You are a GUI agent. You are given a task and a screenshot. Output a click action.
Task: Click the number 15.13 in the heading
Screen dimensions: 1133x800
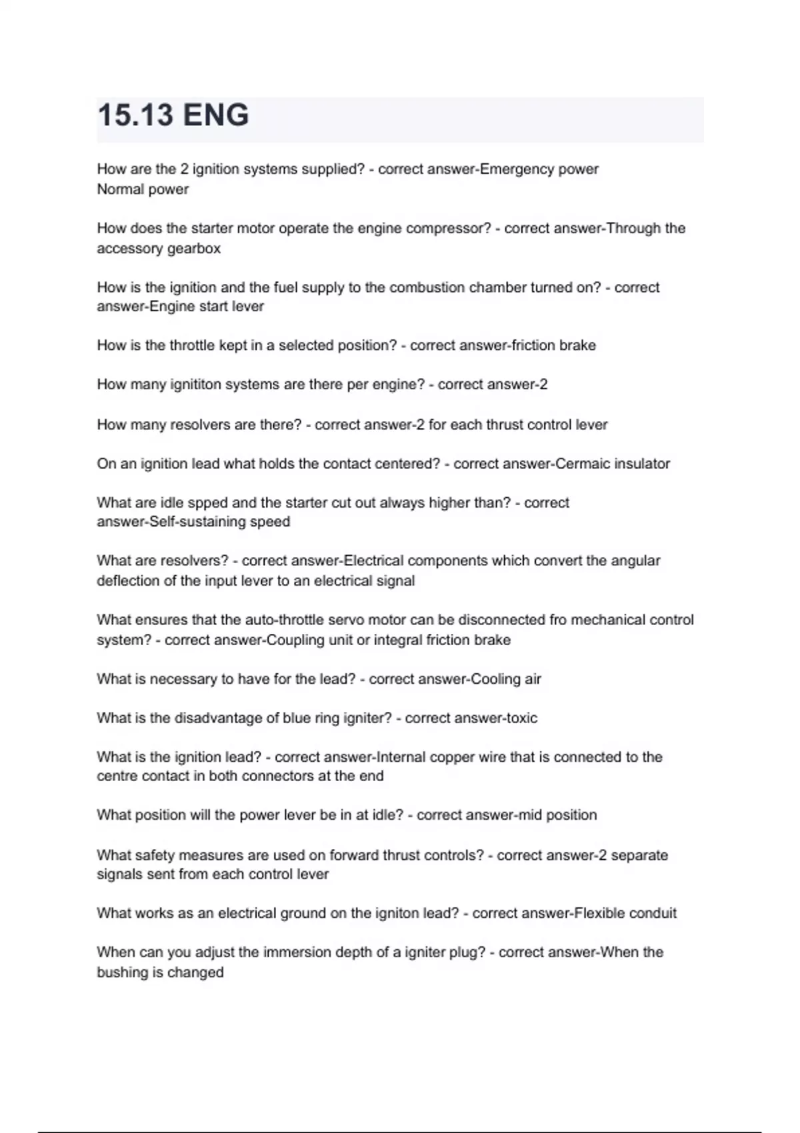(x=136, y=115)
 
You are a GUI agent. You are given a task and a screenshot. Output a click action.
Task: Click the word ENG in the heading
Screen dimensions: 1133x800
(x=215, y=115)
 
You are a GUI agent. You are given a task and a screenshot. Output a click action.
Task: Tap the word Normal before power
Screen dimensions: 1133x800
(x=121, y=189)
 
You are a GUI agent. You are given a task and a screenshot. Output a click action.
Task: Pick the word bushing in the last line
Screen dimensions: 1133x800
(x=122, y=972)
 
